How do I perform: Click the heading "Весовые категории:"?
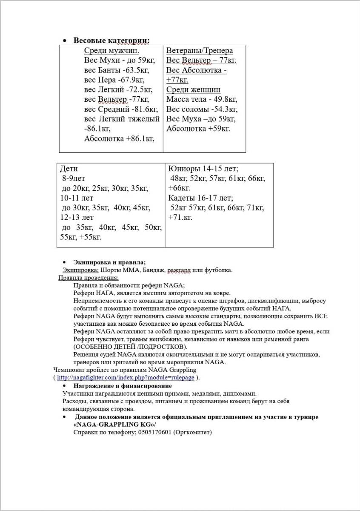pyautogui.click(x=111, y=40)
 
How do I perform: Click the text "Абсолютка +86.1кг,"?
pyautogui.click(x=119, y=138)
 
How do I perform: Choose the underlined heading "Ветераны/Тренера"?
pyautogui.click(x=200, y=50)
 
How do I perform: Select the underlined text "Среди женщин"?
pyautogui.click(x=193, y=89)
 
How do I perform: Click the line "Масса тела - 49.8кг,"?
pyautogui.click(x=201, y=99)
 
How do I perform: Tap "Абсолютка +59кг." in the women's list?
pyautogui.click(x=198, y=129)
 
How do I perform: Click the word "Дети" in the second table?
pyautogui.click(x=69, y=169)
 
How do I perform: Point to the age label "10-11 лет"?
pyautogui.click(x=77, y=198)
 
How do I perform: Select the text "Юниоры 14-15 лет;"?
pyautogui.click(x=203, y=168)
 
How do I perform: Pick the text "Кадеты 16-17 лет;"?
pyautogui.click(x=200, y=198)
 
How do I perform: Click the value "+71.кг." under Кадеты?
pyautogui.click(x=180, y=218)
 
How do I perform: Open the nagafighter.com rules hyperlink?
pyautogui.click(x=126, y=378)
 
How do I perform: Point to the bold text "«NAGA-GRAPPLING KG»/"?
pyautogui.click(x=114, y=425)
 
